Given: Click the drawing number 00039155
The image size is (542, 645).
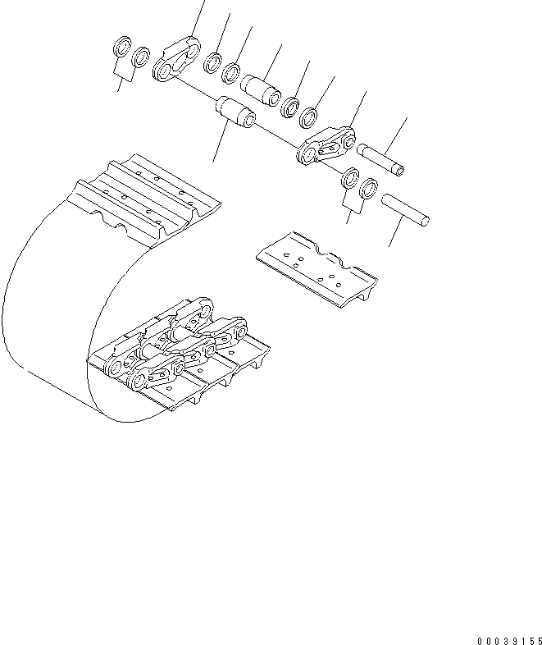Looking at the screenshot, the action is click(x=503, y=639).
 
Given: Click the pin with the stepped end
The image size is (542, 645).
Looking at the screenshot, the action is click(x=380, y=158).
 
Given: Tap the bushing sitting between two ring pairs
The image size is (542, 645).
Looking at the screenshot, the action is click(x=262, y=87).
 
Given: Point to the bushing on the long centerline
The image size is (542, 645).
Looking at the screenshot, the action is click(x=234, y=113).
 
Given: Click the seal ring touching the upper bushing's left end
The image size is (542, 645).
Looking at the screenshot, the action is click(x=232, y=72).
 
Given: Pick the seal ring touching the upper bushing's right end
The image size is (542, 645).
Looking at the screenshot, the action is click(x=289, y=106).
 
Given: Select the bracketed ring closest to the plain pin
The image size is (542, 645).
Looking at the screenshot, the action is click(x=368, y=188).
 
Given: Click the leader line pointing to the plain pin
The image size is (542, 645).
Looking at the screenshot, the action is click(x=398, y=233).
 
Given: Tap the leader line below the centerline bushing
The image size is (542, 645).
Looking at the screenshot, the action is click(x=220, y=145).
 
